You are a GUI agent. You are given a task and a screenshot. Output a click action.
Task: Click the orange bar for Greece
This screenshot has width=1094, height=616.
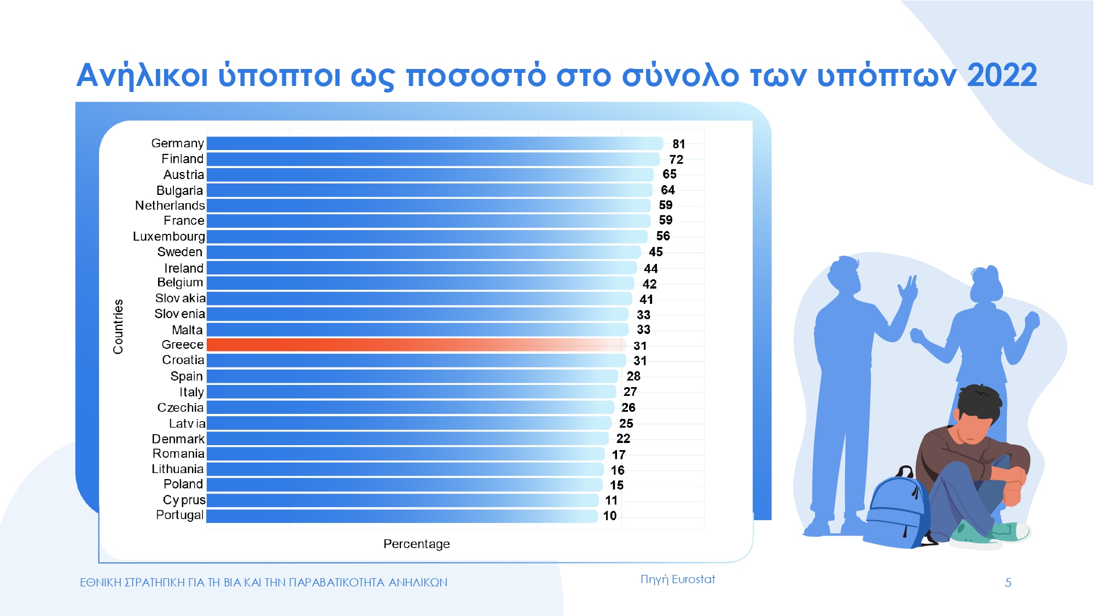point(416,345)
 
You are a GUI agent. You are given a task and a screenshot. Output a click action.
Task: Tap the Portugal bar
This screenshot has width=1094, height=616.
point(401,516)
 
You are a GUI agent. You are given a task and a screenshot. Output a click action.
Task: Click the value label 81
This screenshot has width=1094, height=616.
point(679,144)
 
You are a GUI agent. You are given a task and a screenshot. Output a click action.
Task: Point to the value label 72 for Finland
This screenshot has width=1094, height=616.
point(676,160)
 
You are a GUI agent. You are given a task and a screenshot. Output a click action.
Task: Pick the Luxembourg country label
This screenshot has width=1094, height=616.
point(168,237)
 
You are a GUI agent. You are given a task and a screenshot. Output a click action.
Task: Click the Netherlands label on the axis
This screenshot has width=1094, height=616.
point(170,205)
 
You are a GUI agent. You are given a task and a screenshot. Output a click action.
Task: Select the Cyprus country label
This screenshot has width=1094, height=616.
point(184,500)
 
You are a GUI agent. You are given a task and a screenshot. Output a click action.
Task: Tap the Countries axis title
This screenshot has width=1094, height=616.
point(118,326)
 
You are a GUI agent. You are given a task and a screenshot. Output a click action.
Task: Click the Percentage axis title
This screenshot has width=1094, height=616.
point(416,544)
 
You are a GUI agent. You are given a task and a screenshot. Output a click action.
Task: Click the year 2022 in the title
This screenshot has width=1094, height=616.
point(1002,76)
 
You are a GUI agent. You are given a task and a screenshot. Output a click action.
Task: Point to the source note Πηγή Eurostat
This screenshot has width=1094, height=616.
point(677,579)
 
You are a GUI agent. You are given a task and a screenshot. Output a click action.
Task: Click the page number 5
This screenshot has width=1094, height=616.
point(1008,583)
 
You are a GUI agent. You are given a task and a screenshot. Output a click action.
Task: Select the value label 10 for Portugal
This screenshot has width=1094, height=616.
point(609,516)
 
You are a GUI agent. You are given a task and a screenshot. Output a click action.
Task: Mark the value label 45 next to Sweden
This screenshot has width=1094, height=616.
point(655,252)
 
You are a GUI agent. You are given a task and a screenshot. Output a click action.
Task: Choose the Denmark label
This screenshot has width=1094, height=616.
point(178,439)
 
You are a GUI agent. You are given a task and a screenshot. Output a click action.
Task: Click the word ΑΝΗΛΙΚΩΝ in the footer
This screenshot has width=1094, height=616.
point(418,583)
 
